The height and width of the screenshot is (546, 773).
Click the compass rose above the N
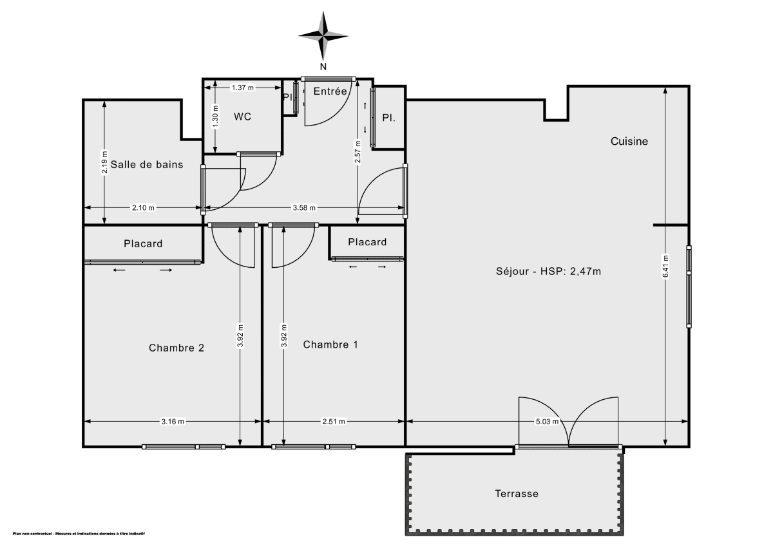pos(323,35)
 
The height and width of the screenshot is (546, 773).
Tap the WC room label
pos(242,117)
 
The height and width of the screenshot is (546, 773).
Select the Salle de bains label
pos(147,164)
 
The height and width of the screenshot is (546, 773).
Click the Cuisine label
pos(629,141)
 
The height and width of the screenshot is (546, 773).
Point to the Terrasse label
pos(517,494)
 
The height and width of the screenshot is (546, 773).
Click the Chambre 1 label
pos(330,344)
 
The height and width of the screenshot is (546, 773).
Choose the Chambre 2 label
pos(177,348)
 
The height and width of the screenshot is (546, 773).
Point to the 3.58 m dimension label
pos(304,208)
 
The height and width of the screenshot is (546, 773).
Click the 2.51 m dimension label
pos(332,422)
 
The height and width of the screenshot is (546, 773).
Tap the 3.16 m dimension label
pos(173,422)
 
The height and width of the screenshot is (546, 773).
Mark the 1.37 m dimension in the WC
pos(242,87)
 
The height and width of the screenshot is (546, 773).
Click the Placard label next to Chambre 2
pos(143,243)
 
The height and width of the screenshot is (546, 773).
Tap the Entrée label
pos(330,91)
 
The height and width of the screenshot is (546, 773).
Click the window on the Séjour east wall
pos(689,287)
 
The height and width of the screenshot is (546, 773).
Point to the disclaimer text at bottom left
pos(78,534)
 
